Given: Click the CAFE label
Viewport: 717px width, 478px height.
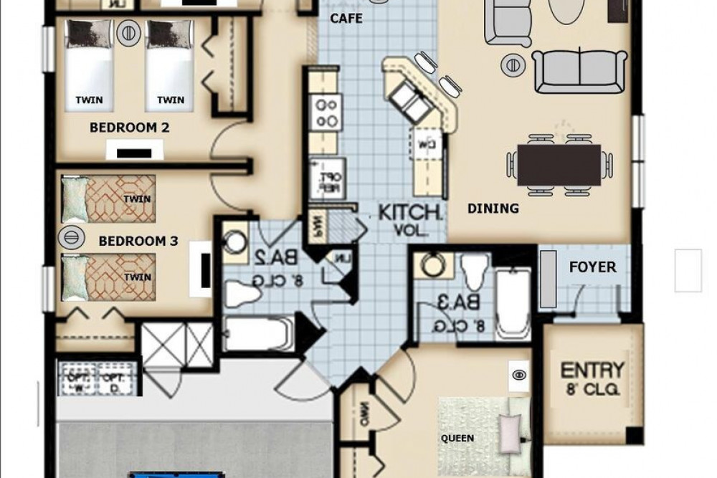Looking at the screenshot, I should [x=346, y=19].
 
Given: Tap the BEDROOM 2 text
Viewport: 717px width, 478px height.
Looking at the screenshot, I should [x=129, y=128].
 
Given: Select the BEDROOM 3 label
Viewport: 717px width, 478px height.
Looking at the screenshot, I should [x=138, y=242].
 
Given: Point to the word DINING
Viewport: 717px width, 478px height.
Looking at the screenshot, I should [x=493, y=209].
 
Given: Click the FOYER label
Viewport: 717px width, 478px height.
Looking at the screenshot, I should [x=592, y=267].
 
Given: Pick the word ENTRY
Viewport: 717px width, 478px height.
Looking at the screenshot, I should [x=592, y=371].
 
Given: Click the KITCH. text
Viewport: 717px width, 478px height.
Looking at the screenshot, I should [x=409, y=212].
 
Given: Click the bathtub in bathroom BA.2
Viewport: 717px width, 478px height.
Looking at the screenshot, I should [x=256, y=335].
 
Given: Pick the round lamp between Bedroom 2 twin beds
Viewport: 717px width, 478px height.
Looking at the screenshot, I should [x=128, y=32].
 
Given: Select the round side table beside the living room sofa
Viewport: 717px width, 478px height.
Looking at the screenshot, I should [x=514, y=64].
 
